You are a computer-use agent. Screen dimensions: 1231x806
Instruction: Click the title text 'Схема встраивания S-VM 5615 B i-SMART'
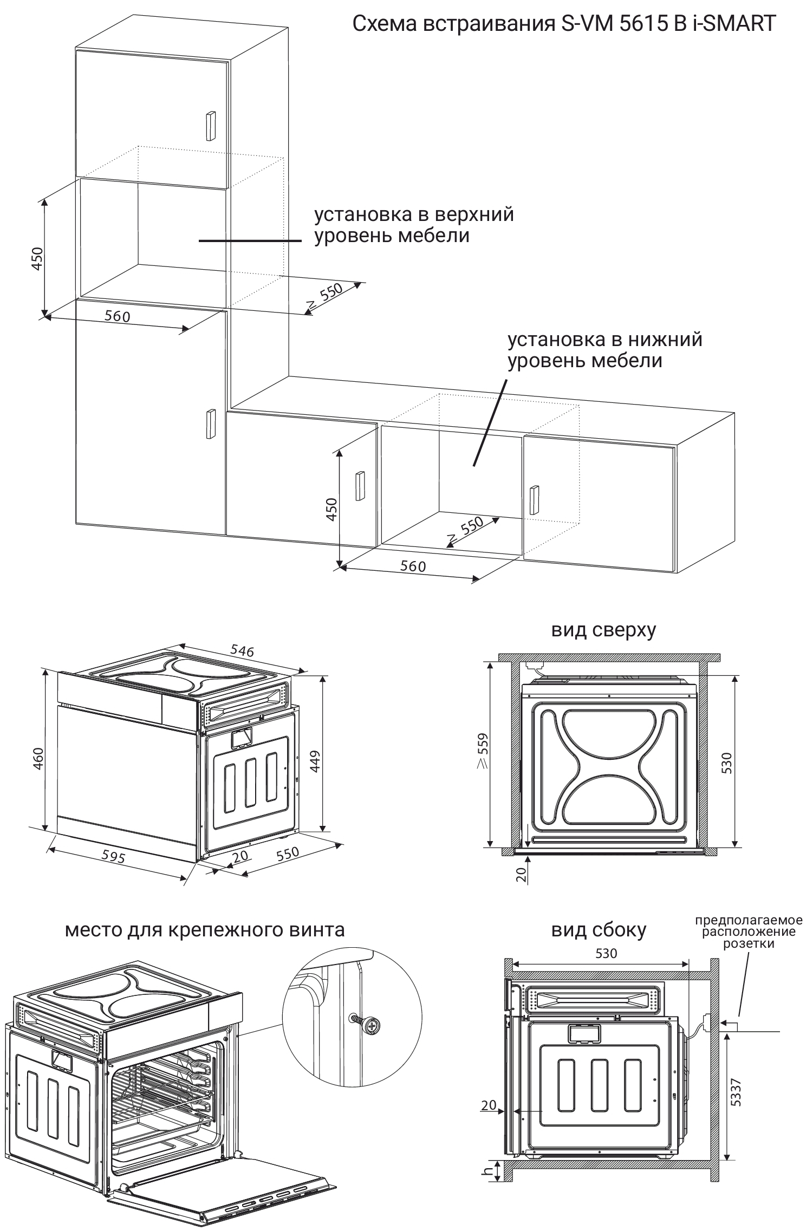[564, 24]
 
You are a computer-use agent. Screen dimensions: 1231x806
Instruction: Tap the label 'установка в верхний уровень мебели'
[414, 225]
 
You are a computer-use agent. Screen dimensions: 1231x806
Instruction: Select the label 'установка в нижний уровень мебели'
[604, 350]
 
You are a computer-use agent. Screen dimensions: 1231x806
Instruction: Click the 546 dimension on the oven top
[242, 650]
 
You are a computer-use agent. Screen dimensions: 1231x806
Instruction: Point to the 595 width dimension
[114, 856]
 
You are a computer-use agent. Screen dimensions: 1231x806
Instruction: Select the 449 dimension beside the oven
[316, 760]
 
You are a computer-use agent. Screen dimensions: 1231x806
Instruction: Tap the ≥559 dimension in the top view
[482, 751]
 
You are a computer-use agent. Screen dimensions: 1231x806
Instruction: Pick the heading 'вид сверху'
[603, 629]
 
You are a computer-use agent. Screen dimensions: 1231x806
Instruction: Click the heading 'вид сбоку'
[599, 930]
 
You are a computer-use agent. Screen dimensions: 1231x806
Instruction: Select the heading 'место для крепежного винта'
[205, 929]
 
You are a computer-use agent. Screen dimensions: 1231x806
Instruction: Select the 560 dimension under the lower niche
[413, 566]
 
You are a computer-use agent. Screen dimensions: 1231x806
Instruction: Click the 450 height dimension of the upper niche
[37, 259]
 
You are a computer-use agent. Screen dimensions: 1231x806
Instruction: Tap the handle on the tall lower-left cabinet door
[209, 424]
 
